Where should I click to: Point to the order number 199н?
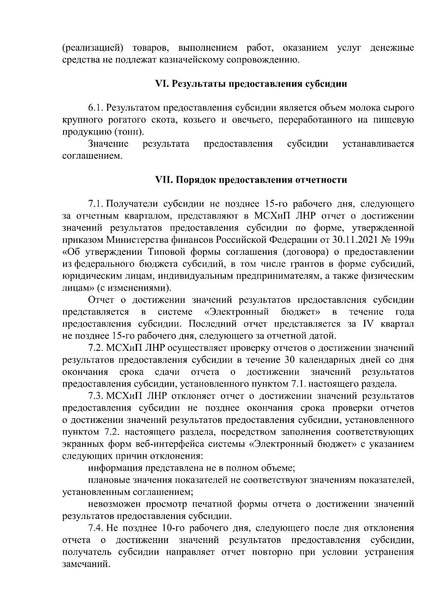click(403, 240)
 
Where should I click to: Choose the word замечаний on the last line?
click(86, 564)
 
